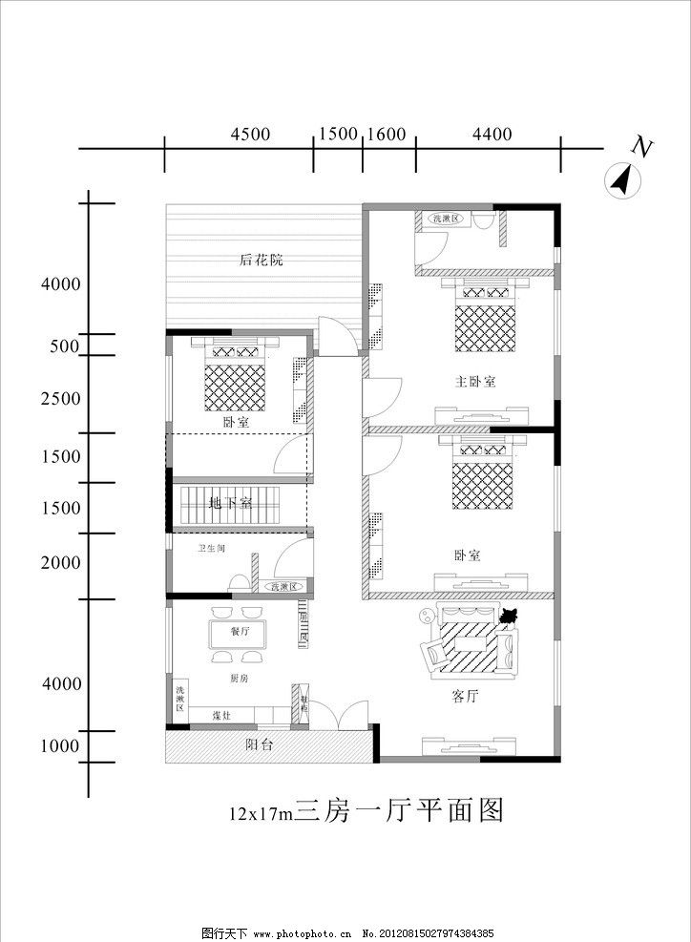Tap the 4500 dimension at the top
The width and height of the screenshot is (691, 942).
250,135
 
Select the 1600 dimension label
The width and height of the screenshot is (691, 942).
387,135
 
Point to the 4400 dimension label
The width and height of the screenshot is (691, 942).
492,135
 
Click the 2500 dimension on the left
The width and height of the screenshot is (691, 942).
60,398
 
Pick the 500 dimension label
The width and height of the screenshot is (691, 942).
64,346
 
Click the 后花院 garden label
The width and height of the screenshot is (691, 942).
262,260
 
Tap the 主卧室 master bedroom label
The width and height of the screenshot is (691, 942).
475,382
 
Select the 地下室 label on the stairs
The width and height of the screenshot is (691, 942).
230,503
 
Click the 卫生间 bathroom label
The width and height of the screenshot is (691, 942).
211,549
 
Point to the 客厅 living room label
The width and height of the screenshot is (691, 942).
465,697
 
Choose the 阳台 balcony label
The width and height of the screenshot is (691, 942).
259,744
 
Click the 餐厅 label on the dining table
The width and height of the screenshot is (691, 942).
239,632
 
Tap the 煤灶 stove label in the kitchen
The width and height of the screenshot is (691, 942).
220,715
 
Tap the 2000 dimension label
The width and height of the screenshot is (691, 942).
60,562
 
